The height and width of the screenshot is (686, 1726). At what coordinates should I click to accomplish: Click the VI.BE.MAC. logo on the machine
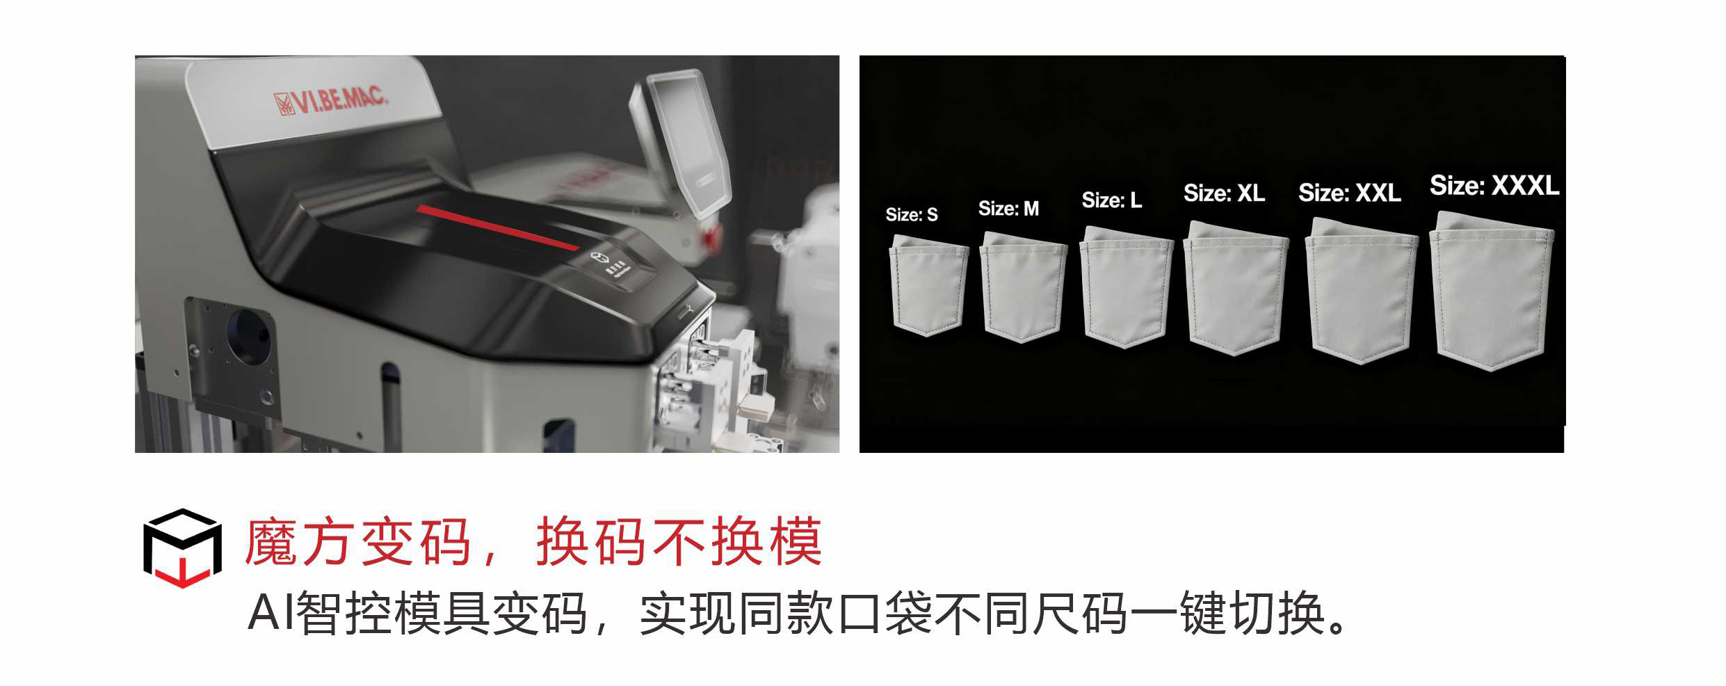(330, 102)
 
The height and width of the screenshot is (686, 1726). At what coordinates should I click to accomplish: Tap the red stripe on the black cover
(497, 227)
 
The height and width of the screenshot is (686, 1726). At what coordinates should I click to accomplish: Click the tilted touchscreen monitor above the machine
(680, 142)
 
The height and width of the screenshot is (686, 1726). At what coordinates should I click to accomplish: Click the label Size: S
(912, 215)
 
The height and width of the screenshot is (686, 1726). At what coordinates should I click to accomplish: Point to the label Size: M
(1008, 208)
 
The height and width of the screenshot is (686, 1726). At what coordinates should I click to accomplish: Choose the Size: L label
(1112, 200)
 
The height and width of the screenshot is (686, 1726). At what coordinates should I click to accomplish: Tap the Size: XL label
(1224, 193)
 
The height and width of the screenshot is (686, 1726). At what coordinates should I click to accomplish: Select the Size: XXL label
(1350, 192)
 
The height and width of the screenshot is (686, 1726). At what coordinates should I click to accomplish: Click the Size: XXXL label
(1494, 186)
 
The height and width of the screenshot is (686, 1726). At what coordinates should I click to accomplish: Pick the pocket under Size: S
(929, 285)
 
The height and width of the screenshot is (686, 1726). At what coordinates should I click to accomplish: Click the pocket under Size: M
(1023, 287)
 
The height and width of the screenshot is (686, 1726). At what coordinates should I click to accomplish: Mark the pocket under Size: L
(1126, 287)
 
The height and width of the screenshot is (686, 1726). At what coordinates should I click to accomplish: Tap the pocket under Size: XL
(1236, 288)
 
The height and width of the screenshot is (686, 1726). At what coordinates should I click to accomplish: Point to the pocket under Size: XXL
(1361, 291)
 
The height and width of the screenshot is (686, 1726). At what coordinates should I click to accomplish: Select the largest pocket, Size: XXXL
(1491, 291)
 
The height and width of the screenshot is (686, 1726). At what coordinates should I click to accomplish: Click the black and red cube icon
(182, 548)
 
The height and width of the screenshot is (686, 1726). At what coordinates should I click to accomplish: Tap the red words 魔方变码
(358, 542)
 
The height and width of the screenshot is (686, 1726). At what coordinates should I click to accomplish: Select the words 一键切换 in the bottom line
(1227, 613)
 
